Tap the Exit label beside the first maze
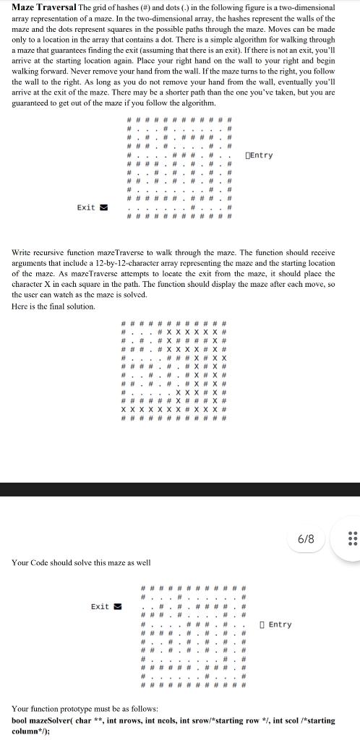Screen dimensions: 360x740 86,207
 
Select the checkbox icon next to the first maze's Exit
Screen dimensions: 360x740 104,207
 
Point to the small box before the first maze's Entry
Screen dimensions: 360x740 249,155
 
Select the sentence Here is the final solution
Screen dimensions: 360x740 53,306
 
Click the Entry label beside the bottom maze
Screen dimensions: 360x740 280,624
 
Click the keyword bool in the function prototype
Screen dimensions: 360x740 20,721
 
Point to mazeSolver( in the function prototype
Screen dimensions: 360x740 54,721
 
